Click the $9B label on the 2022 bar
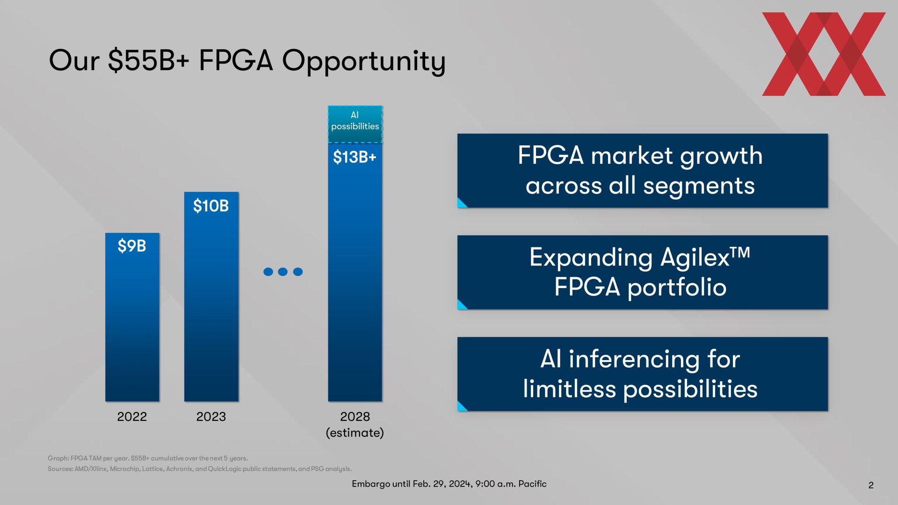point(132,246)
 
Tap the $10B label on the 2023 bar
point(211,206)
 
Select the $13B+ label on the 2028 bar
point(355,157)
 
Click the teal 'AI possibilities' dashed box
point(355,124)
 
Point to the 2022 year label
point(132,417)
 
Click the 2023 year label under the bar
point(211,417)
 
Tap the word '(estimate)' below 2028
point(355,433)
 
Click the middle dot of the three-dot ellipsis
point(282,272)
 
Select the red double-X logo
point(824,54)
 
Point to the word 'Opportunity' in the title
point(363,62)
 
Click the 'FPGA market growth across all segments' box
point(642,171)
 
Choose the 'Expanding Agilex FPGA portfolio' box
point(642,272)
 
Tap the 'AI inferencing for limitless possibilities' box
point(642,374)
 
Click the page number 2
point(871,485)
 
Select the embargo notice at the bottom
point(449,484)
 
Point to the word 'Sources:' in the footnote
point(60,469)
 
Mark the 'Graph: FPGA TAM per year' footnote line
point(148,458)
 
